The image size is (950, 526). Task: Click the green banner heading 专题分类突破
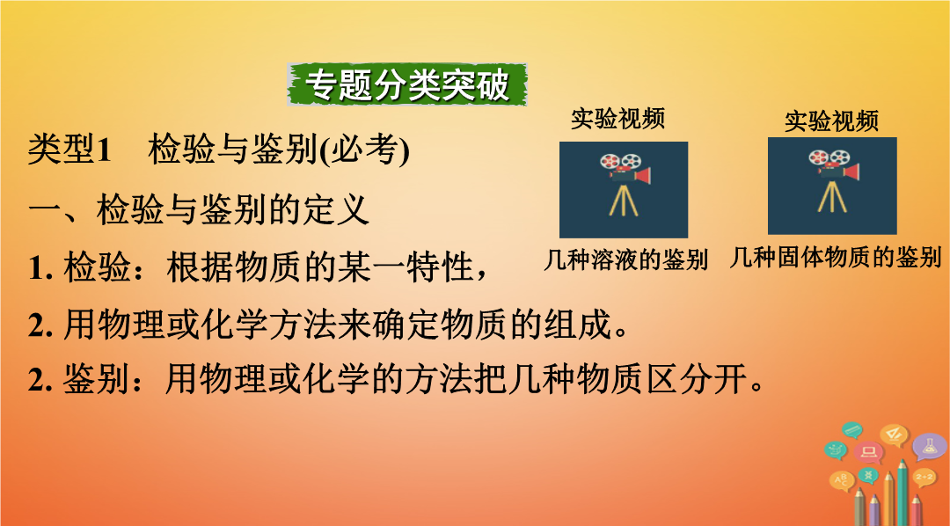pyautogui.click(x=407, y=84)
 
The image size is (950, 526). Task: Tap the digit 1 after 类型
pyautogui.click(x=104, y=150)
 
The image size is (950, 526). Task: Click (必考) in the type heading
pyautogui.click(x=364, y=150)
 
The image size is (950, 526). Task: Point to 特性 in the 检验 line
pyautogui.click(x=440, y=267)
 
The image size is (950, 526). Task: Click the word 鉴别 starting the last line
pyautogui.click(x=97, y=380)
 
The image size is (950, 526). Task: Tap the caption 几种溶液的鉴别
pyautogui.click(x=626, y=259)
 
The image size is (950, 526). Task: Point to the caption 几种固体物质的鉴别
pyautogui.click(x=835, y=258)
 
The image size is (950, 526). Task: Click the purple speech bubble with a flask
pyautogui.click(x=929, y=447)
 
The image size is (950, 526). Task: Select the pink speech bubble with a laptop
pyautogui.click(x=868, y=451)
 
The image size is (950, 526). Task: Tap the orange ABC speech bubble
pyautogui.click(x=842, y=480)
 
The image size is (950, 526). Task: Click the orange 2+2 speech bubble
pyautogui.click(x=924, y=478)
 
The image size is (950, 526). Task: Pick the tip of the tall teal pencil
pyautogui.click(x=902, y=462)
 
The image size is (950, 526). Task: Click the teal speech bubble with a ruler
pyautogui.click(x=852, y=430)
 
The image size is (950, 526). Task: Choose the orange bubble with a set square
pyautogui.click(x=895, y=434)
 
